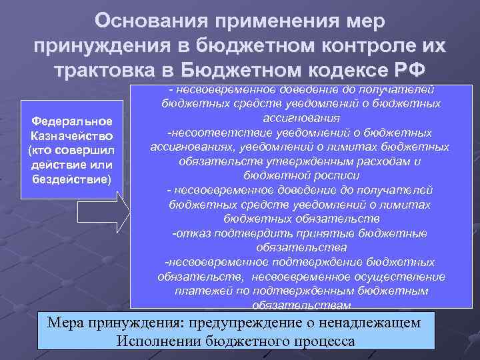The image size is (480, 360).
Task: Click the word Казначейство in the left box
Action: click(x=73, y=135)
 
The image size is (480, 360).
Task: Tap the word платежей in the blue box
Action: click(x=201, y=291)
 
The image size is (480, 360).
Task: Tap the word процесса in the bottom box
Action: click(x=325, y=340)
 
